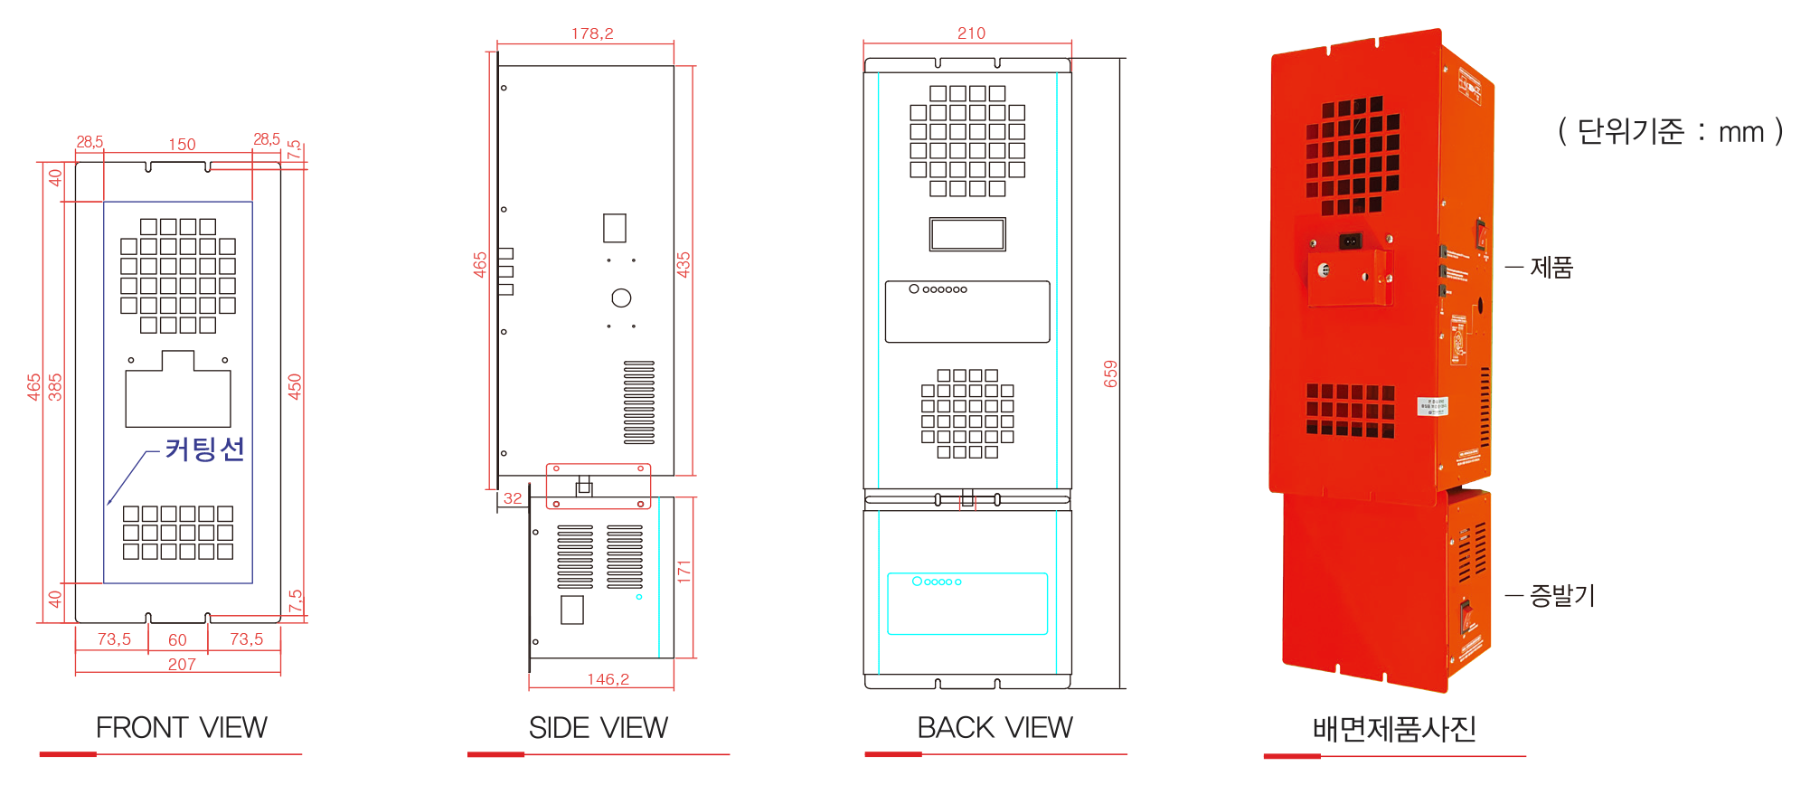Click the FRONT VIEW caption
click(x=181, y=727)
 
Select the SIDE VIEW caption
click(x=598, y=727)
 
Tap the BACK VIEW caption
click(x=995, y=727)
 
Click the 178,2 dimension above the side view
click(x=592, y=33)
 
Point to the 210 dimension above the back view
click(x=971, y=33)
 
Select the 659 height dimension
click(x=1110, y=374)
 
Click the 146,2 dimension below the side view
click(x=608, y=679)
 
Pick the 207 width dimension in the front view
click(x=182, y=664)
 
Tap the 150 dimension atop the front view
click(x=182, y=145)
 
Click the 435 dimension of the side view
click(x=683, y=264)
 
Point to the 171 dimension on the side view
click(x=683, y=571)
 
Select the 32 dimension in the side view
click(x=513, y=498)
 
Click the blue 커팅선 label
click(x=204, y=449)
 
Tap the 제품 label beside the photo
click(x=1551, y=268)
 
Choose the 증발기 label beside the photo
click(x=1561, y=595)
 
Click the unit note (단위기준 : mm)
click(x=1670, y=132)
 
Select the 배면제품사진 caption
click(x=1394, y=728)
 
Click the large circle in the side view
click(x=621, y=298)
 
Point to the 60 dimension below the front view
click(x=177, y=639)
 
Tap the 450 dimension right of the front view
click(x=295, y=386)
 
